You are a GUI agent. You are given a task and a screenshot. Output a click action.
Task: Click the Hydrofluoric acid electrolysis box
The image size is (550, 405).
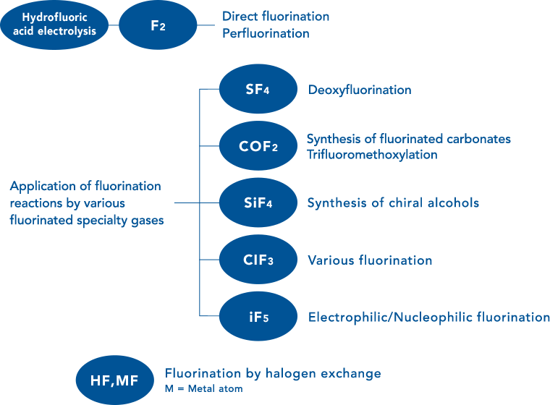(x=54, y=25)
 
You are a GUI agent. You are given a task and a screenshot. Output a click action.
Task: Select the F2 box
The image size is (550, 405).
(x=158, y=25)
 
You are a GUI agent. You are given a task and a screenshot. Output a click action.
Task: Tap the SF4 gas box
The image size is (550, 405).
(x=258, y=89)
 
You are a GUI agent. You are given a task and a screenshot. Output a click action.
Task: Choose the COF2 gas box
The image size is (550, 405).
(x=258, y=146)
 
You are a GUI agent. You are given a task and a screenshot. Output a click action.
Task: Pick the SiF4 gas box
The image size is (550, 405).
(x=258, y=203)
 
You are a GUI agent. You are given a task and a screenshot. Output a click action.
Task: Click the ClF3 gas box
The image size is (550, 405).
(x=258, y=260)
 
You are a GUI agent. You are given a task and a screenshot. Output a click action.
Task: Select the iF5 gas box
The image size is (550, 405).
(x=258, y=316)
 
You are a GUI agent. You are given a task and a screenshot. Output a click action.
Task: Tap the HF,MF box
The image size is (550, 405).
(x=114, y=380)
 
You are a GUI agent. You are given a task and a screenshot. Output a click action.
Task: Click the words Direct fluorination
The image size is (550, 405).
(x=276, y=17)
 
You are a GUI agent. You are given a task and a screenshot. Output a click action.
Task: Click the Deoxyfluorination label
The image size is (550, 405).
(x=360, y=90)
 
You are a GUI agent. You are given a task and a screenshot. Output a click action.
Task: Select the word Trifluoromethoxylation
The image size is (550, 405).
(x=372, y=155)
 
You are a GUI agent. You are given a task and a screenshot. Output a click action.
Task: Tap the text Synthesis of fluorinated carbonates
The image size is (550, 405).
(x=409, y=139)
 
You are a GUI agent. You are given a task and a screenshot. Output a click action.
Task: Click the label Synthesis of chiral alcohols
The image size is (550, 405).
(x=393, y=203)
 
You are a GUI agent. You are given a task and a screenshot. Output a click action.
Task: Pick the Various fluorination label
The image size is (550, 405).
(x=370, y=260)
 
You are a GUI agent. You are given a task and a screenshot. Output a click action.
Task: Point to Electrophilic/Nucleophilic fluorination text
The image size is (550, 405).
(x=428, y=317)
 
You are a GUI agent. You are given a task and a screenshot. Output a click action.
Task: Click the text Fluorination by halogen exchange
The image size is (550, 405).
(x=272, y=374)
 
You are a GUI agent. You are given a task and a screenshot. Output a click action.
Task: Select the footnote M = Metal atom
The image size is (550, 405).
(x=203, y=389)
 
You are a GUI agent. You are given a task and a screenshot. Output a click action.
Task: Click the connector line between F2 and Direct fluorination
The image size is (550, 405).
(x=208, y=25)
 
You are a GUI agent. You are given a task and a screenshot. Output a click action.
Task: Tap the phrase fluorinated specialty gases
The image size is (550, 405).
(x=86, y=221)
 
